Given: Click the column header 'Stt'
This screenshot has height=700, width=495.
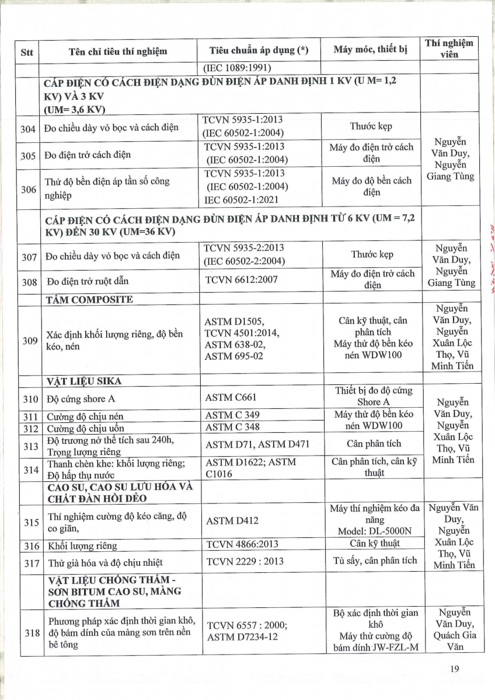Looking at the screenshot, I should point(27,52).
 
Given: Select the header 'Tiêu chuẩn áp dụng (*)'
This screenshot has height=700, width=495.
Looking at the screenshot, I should point(259,50).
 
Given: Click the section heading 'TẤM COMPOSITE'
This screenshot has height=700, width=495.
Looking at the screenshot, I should point(89,300).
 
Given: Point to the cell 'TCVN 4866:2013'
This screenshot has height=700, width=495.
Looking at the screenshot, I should point(245,545).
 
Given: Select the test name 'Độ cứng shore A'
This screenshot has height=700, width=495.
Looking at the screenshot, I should point(76,399).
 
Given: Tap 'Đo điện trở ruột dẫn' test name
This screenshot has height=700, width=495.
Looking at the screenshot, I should point(88,282).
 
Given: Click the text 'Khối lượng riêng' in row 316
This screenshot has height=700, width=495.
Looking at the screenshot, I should point(82,546).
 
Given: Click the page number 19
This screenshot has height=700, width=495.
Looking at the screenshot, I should point(456,669).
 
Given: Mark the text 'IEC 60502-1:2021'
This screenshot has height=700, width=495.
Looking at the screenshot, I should point(241,199).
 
